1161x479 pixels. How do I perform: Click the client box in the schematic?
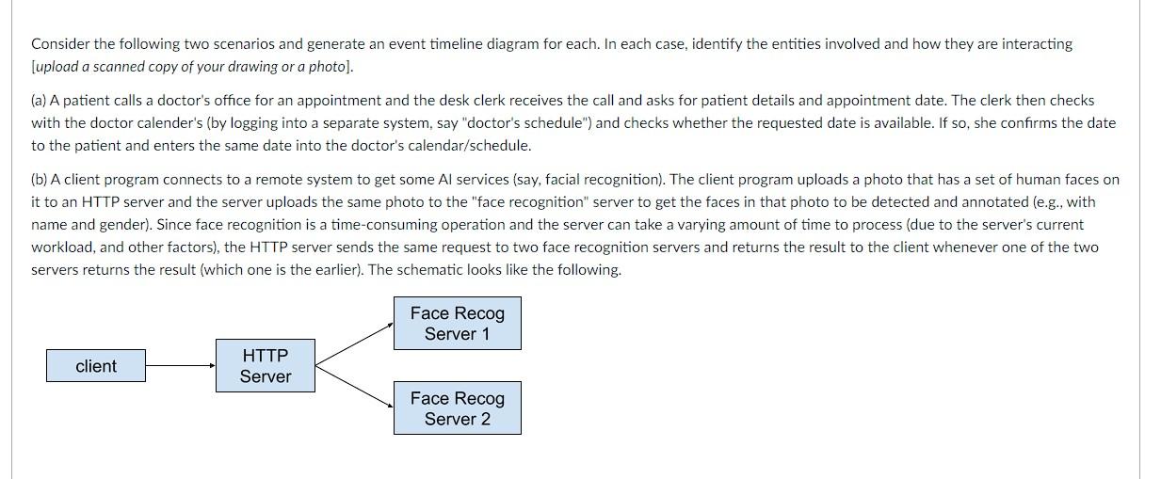96,366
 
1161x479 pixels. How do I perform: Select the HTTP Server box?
265,366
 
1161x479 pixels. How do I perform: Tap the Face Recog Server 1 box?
457,323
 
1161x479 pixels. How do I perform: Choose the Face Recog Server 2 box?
457,408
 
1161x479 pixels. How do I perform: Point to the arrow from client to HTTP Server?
180,366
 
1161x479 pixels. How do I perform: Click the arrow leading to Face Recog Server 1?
354,343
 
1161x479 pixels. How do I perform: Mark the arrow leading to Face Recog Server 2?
354,388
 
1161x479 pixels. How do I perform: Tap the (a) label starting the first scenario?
40,100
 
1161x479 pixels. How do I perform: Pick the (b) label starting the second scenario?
40,179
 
